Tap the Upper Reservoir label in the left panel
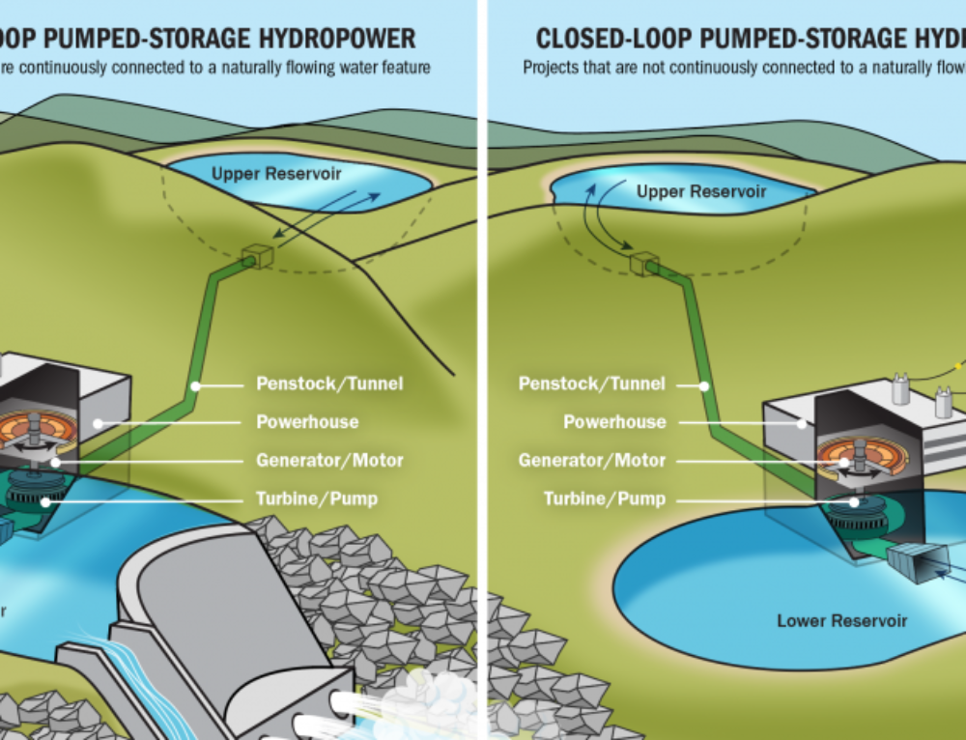pos(276,174)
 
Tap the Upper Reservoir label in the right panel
pos(700,192)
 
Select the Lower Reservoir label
pos(841,620)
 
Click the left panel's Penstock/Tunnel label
pos(329,384)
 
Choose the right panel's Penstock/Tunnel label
pos(591,384)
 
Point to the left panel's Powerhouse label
pos(307,422)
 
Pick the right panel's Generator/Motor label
pos(591,461)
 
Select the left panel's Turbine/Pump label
pos(316,499)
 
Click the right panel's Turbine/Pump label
pos(605,499)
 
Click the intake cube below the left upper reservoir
pos(258,255)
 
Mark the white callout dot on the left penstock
pos(195,385)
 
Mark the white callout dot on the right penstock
pos(704,385)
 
